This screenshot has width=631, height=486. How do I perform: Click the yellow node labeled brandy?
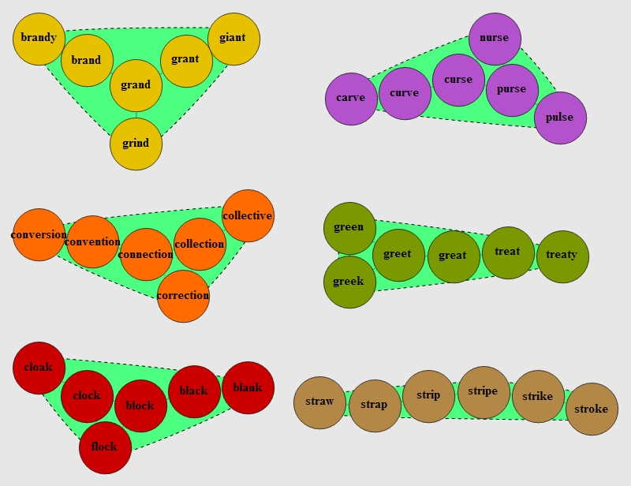pyautogui.click(x=39, y=38)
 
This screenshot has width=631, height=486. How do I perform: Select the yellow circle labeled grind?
pyautogui.click(x=136, y=144)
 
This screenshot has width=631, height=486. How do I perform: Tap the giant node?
pyautogui.click(x=233, y=38)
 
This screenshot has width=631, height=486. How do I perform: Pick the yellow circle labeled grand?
pyautogui.click(x=136, y=85)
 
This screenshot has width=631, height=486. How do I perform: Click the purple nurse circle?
pyautogui.click(x=495, y=38)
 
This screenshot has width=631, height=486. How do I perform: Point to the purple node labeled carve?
pyautogui.click(x=351, y=99)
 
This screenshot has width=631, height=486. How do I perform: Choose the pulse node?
pyautogui.click(x=560, y=118)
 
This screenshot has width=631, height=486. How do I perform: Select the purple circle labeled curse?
pyautogui.click(x=458, y=80)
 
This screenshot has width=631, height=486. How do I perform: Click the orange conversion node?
pyautogui.click(x=39, y=234)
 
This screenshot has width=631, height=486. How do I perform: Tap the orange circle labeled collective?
pyautogui.click(x=248, y=215)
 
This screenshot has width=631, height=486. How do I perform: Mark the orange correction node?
pyautogui.click(x=183, y=296)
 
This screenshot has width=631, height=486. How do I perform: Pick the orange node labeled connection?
pyautogui.click(x=146, y=254)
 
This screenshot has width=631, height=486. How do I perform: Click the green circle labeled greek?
pyautogui.click(x=349, y=282)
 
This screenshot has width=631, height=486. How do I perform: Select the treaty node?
pyautogui.click(x=562, y=256)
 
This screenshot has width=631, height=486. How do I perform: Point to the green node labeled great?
pyautogui.click(x=454, y=256)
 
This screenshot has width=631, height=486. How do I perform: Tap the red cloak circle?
pyautogui.click(x=39, y=368)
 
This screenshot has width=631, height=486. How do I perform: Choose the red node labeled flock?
pyautogui.click(x=105, y=447)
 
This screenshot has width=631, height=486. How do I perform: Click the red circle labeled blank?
pyautogui.click(x=248, y=387)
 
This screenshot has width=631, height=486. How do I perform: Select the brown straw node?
pyautogui.click(x=319, y=402)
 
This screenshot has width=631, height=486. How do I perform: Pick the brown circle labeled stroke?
pyautogui.click(x=592, y=409)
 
